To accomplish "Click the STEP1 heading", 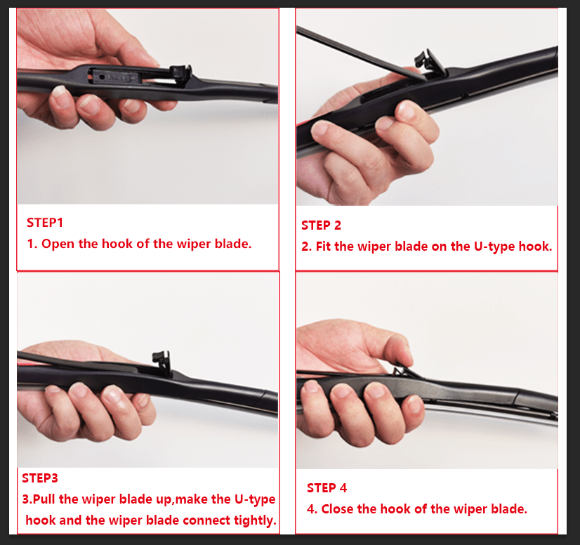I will tap(45, 223).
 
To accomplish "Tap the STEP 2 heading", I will tap(321, 225).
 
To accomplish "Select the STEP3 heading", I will tap(40, 478).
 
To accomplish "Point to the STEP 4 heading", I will tap(327, 488).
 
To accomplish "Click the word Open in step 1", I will tap(57, 244).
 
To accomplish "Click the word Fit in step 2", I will tap(324, 247).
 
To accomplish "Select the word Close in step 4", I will tap(338, 509).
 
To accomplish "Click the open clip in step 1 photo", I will tap(180, 71).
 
